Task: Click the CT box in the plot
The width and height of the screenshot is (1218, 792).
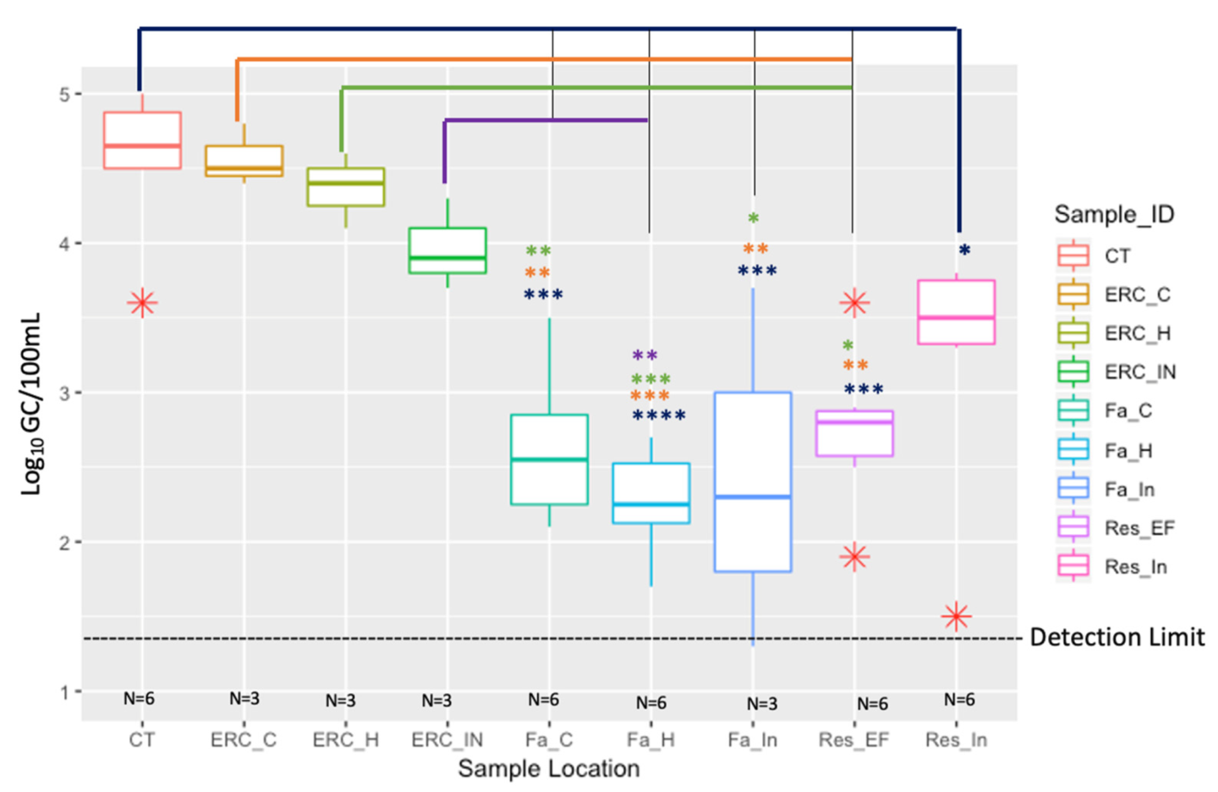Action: pos(142,140)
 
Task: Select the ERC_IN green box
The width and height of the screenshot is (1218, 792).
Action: pos(447,250)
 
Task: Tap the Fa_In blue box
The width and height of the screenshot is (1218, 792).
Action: pos(753,482)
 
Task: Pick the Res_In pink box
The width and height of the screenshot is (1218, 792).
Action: pos(956,312)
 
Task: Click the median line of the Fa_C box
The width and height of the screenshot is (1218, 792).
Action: pos(549,459)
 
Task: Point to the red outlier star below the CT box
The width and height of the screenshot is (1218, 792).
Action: pos(142,302)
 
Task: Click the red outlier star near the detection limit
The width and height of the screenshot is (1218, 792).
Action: pos(956,616)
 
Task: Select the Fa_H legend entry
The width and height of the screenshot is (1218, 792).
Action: pos(1128,451)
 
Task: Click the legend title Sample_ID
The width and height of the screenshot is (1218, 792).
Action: pos(1114,215)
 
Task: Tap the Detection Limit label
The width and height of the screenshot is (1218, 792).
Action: pos(1117,637)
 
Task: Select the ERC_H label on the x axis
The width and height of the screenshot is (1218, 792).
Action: pos(346,740)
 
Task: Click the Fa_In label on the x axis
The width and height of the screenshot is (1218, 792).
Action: pos(753,740)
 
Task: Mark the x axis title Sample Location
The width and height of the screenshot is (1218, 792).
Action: pos(549,769)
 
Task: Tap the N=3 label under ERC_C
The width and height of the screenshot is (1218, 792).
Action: pos(244,699)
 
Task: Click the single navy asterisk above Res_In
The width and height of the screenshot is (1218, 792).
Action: pos(964,249)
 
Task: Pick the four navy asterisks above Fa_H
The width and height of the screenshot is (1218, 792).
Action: pos(659,416)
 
